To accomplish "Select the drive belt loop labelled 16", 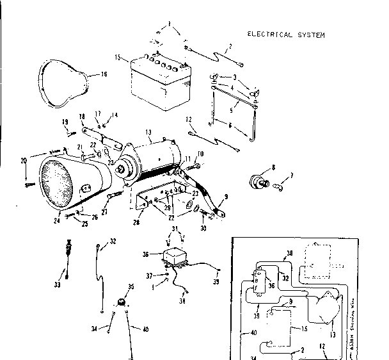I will pos(64,80).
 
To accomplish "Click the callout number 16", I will pos(105,74).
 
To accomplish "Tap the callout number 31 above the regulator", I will pos(173,230).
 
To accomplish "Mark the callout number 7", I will pos(292,176).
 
